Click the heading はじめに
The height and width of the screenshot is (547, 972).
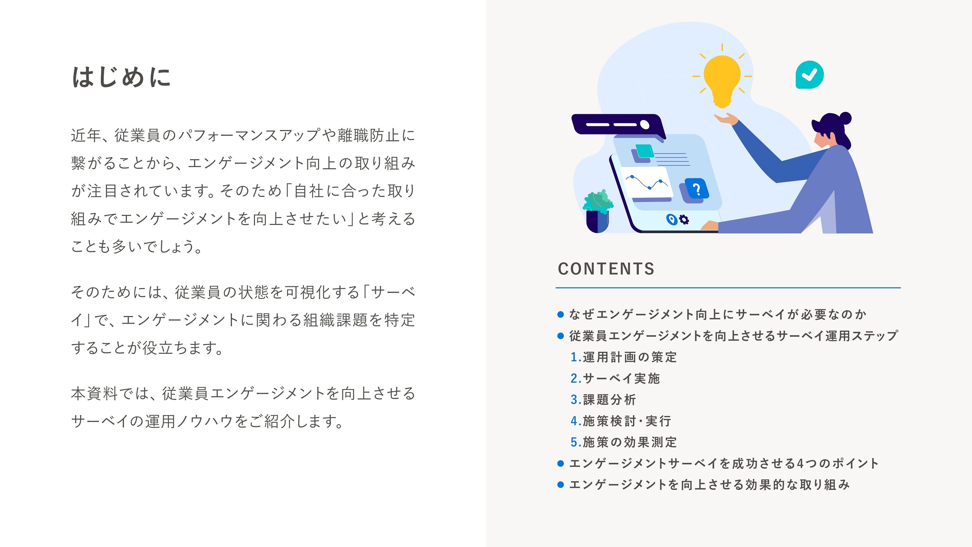click(x=121, y=77)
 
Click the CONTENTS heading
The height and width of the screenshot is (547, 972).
click(x=606, y=269)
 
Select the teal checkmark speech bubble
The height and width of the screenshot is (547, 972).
click(x=809, y=75)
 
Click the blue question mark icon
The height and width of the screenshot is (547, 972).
click(x=696, y=188)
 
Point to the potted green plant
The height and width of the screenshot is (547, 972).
click(x=598, y=212)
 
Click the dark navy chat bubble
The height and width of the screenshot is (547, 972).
click(x=618, y=126)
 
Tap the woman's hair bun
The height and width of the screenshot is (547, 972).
click(x=846, y=118)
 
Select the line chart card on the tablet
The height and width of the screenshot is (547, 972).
click(x=646, y=184)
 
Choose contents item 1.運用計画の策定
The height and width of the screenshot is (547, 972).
click(x=624, y=357)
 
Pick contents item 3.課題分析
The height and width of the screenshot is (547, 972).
click(x=603, y=399)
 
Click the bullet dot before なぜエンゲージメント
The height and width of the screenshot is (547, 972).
click(x=561, y=314)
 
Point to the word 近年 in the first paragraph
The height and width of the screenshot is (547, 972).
click(x=86, y=135)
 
